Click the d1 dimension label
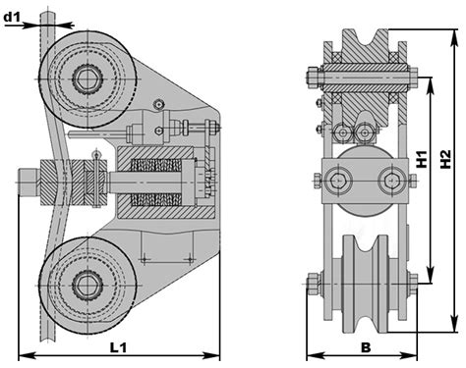[12, 17]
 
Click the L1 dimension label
[118, 347]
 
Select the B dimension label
[366, 347]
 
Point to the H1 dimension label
[422, 159]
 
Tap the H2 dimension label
[445, 159]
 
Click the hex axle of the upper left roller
[87, 79]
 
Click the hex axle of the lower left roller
[87, 286]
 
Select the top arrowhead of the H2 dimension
[454, 38]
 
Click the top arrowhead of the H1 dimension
[430, 85]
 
